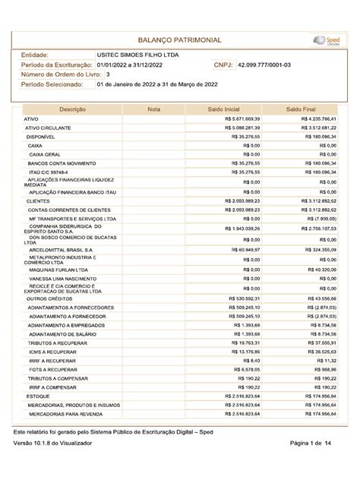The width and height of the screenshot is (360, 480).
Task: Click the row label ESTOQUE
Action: [x=38, y=396]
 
